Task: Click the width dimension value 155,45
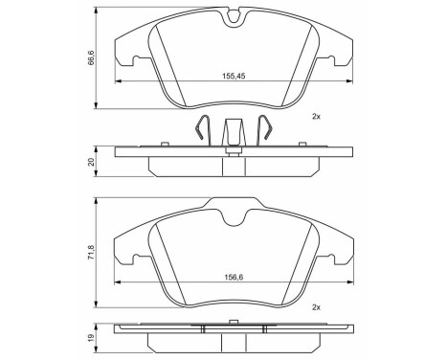point(225,76)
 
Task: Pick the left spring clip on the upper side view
point(198,130)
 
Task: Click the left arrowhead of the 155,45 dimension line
point(118,82)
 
